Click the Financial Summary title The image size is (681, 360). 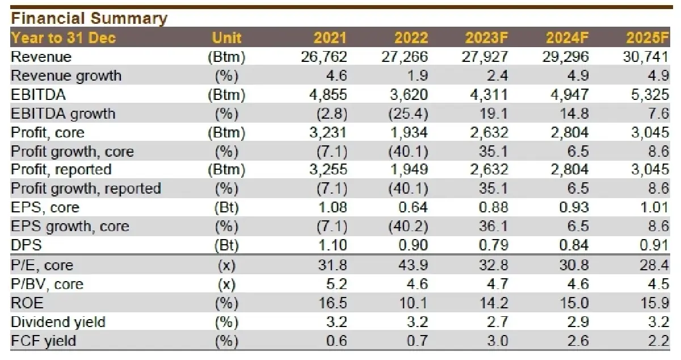coord(89,18)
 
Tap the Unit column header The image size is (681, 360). coord(226,38)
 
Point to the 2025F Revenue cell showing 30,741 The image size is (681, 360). coord(647,57)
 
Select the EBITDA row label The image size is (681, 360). coord(35,95)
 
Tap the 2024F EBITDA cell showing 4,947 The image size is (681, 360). coord(566,95)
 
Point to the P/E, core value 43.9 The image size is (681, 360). coord(413,265)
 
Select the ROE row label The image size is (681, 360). coord(27,303)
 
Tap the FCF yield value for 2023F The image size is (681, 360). coord(497,341)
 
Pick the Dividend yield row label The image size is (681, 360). coord(58,322)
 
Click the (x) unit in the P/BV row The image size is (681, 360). coord(226,284)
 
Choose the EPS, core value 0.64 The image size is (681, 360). coord(413,208)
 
